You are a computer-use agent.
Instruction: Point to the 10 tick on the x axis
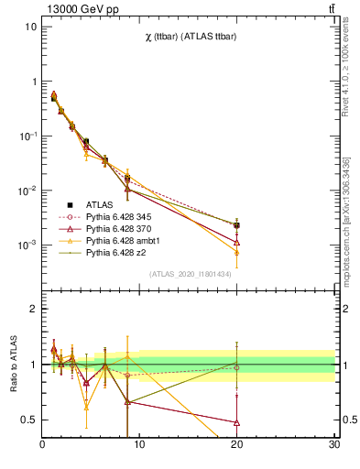click(139, 445)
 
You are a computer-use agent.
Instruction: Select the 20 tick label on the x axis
click(236, 445)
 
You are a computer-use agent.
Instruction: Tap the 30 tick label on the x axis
click(333, 445)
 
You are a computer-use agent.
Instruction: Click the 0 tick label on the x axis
click(42, 445)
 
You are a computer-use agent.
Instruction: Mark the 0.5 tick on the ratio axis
click(30, 420)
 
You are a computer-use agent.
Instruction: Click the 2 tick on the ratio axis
click(34, 309)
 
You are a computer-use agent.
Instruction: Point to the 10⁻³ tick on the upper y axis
click(27, 245)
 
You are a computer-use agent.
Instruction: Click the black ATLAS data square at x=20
click(236, 225)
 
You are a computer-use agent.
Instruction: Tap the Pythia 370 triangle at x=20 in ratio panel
click(236, 422)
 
